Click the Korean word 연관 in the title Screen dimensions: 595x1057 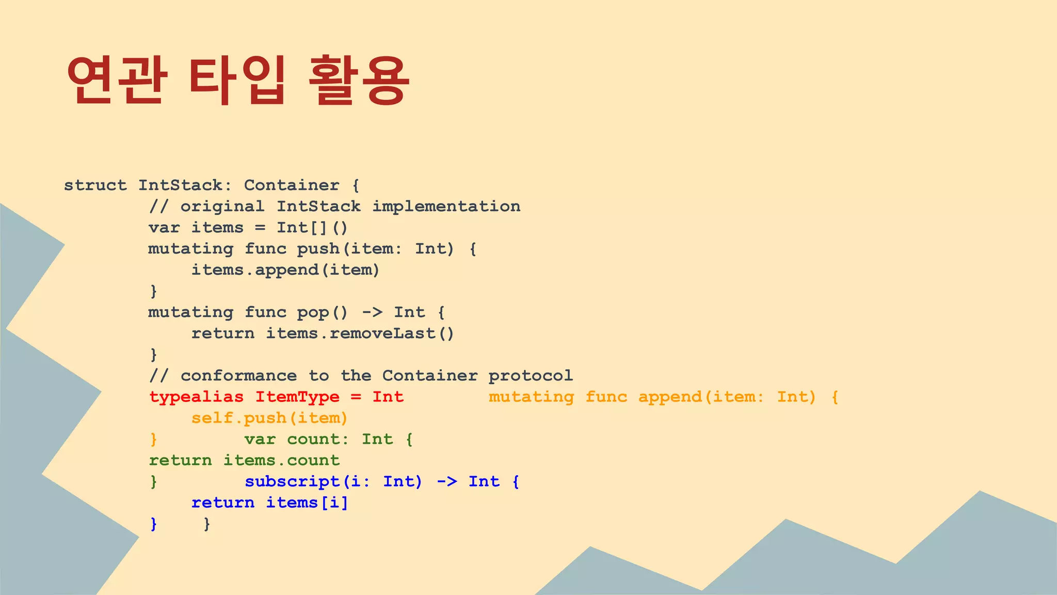pos(117,80)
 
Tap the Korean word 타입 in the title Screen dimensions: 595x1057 pos(236,80)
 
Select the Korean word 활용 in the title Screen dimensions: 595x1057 pos(359,80)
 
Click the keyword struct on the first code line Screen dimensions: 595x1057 pos(95,185)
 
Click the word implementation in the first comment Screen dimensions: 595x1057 pos(446,207)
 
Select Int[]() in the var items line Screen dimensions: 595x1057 pos(312,228)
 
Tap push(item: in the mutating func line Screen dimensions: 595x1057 pos(349,249)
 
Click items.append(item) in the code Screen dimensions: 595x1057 pos(285,270)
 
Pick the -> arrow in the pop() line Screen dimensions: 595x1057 pos(372,312)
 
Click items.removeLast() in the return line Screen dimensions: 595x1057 pos(360,334)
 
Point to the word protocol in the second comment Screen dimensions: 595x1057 pos(531,376)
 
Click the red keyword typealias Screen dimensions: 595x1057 pos(196,397)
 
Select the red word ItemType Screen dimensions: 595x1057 pos(297,397)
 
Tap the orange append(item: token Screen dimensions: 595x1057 pos(701,397)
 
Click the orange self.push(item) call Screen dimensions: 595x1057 pos(269,418)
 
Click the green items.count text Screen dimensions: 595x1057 pos(281,461)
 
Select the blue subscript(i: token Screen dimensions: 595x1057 pos(307,482)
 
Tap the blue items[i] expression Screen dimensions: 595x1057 pos(307,503)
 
